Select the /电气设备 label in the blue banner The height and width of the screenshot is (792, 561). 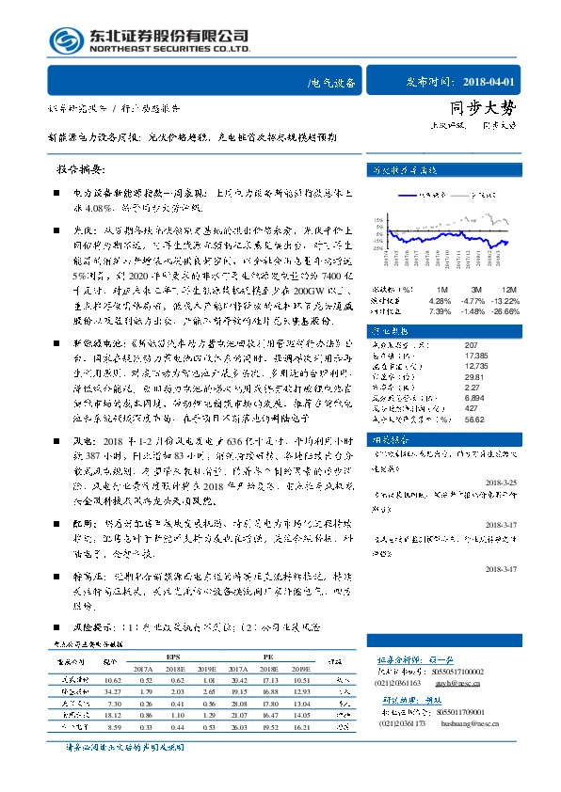tap(331, 84)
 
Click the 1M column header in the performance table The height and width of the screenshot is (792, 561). tap(442, 290)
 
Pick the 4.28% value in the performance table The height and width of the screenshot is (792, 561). tap(441, 301)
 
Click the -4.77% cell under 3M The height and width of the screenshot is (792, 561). tap(477, 301)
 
